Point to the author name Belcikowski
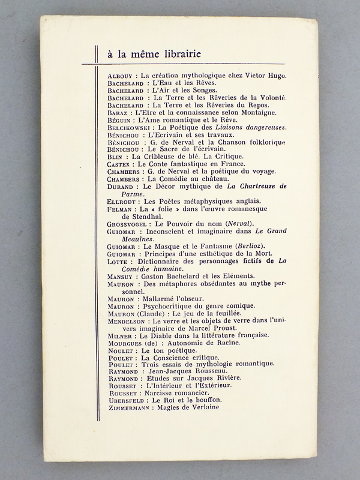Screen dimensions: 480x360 click(x=128, y=128)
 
